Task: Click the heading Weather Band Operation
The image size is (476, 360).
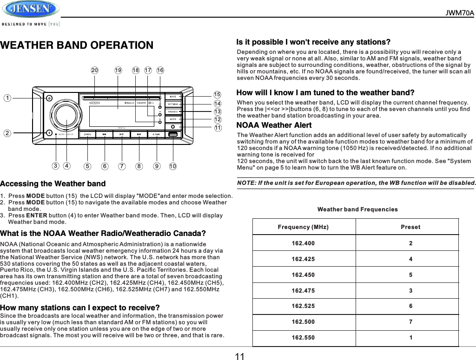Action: [77, 46]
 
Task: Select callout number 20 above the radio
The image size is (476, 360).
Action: [94, 71]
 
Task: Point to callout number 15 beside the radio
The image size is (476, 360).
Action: [217, 95]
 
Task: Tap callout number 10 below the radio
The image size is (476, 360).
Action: [172, 166]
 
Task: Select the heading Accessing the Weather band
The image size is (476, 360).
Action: [53, 184]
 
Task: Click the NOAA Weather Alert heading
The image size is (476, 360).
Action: [274, 125]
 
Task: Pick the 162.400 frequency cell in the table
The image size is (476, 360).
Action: [303, 243]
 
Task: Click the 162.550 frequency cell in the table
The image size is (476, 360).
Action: [303, 338]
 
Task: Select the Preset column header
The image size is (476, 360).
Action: [410, 227]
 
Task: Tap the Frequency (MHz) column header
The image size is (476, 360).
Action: [303, 227]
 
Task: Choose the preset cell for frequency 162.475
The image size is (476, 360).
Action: [410, 291]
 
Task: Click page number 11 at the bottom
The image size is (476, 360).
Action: [239, 356]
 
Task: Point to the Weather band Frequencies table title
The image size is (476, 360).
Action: [357, 209]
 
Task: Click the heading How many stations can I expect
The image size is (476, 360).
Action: [80, 308]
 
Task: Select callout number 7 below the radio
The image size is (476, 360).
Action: [122, 166]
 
